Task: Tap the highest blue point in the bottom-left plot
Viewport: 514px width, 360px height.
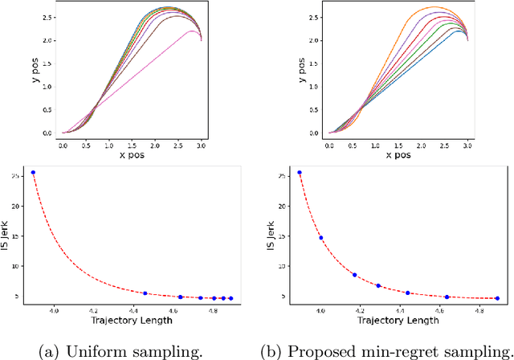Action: (x=33, y=173)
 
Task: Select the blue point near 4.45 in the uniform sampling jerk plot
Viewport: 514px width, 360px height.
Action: (x=145, y=293)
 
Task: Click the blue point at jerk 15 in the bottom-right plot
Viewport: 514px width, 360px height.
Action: (x=321, y=238)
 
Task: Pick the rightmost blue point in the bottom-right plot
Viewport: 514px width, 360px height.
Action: (x=497, y=298)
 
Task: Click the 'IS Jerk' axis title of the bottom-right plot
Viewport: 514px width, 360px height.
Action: (x=271, y=234)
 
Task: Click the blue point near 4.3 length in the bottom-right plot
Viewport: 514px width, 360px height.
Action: (x=378, y=285)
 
